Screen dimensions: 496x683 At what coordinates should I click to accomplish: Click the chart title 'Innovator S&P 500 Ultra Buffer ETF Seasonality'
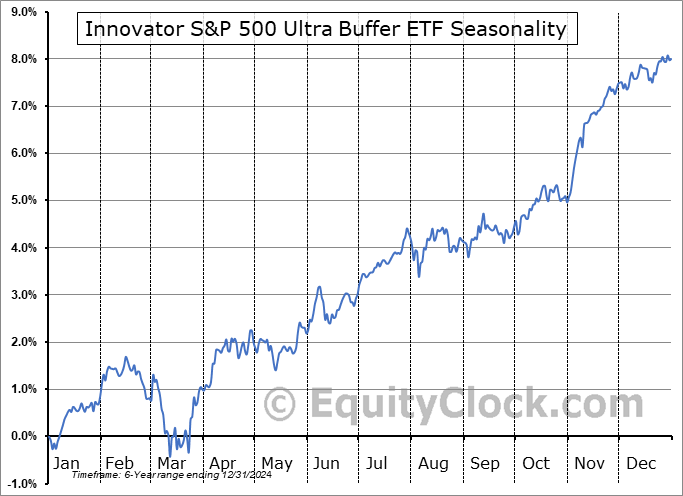(326, 29)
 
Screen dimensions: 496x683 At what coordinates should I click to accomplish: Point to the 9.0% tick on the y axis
(22, 12)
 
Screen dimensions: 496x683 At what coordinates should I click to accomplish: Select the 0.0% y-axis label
(22, 436)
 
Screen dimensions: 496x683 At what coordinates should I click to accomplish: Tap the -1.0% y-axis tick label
(21, 483)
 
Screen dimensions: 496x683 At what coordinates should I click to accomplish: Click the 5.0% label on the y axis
(22, 200)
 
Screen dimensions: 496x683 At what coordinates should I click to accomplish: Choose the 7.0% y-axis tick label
(22, 106)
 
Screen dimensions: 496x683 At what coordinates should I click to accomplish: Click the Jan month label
(66, 464)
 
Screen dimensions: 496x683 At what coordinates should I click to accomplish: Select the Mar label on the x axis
(171, 464)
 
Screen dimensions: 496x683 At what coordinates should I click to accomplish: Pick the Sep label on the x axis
(485, 464)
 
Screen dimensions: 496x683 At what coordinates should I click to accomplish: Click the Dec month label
(641, 464)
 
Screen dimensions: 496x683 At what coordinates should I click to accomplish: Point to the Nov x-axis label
(589, 464)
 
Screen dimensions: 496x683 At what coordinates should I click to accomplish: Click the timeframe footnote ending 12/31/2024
(172, 475)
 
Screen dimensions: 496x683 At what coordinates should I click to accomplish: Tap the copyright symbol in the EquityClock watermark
(281, 405)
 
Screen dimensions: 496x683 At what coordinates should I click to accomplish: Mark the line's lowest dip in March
(170, 455)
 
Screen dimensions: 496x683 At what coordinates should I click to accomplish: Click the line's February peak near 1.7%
(125, 357)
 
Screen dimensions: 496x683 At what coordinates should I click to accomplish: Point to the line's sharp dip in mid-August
(419, 276)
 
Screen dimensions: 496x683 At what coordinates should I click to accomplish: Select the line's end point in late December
(670, 59)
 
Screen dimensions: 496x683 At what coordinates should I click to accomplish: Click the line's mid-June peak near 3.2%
(320, 287)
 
